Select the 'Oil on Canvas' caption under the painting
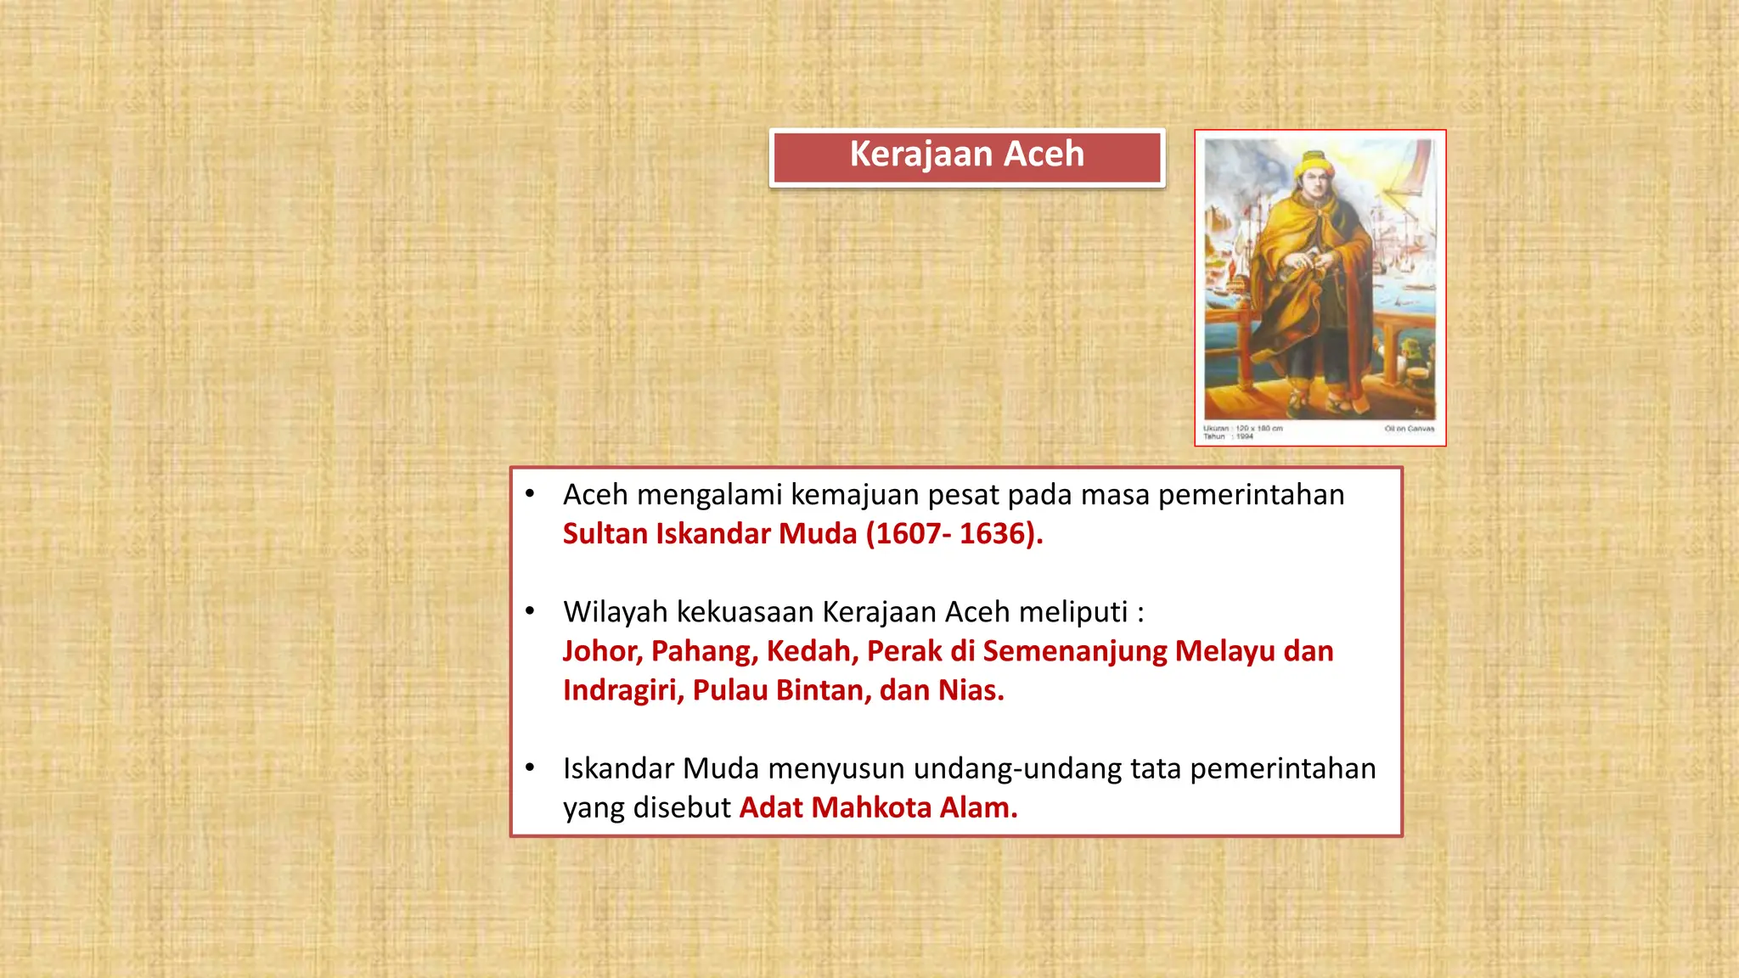[1409, 429]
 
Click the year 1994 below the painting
[1244, 436]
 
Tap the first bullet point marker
[530, 494]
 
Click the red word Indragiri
[622, 690]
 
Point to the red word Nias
[971, 690]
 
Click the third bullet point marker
[530, 768]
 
